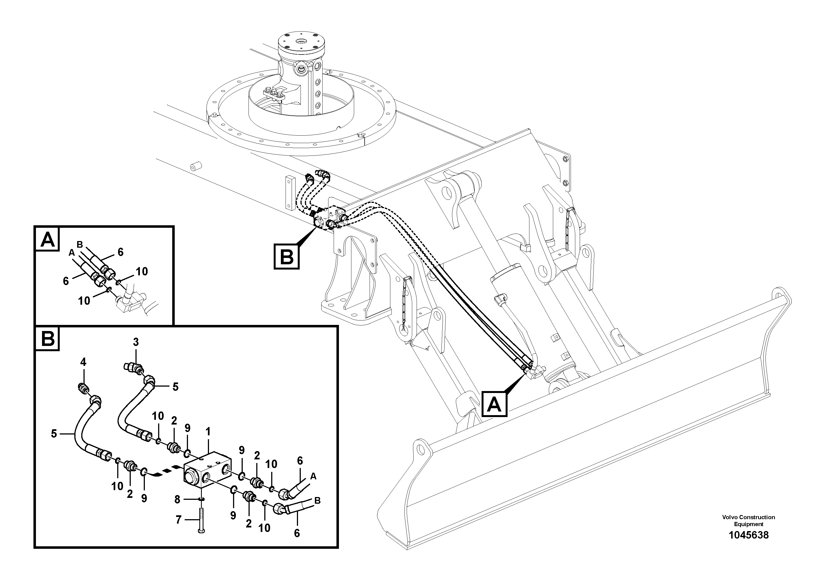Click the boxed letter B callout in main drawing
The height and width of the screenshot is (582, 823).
coord(286,256)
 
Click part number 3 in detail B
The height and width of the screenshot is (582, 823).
coord(135,342)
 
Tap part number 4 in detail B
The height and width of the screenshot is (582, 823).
coord(83,362)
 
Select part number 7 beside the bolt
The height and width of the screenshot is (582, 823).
coord(179,519)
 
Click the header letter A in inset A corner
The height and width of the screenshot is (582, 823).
coord(47,239)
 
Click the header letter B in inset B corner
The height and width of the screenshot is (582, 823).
coord(47,339)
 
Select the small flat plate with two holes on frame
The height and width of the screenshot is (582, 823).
coord(289,192)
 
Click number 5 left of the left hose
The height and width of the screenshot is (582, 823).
coord(54,434)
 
